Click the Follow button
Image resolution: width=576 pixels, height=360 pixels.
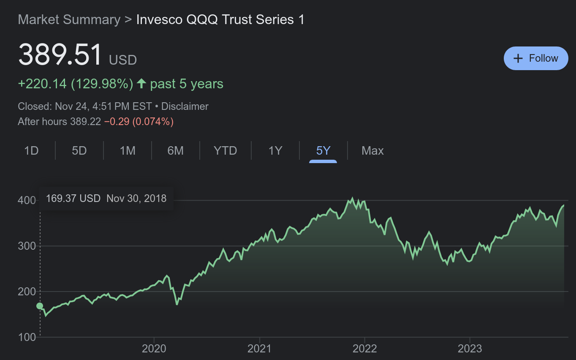pos(536,58)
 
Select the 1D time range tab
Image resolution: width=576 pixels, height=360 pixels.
pos(31,151)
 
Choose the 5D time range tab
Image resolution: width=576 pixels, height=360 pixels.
pos(79,151)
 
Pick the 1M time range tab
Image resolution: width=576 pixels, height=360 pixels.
pos(127,151)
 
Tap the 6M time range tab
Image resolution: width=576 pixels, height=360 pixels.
pos(175,151)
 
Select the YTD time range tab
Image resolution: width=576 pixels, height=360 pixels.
pos(225,151)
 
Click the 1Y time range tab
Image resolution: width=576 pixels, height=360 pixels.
pos(275,151)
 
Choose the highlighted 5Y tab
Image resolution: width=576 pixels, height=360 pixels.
pos(323,151)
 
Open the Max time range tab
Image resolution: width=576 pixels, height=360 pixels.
pos(372,151)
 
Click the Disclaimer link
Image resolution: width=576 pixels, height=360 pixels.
pos(185,106)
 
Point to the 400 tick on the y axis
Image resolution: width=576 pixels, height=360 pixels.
pos(26,200)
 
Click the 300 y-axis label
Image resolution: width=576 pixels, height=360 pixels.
pos(26,246)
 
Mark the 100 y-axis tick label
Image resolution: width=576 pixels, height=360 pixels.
pos(26,337)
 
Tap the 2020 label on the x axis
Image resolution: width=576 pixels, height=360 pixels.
pos(154,349)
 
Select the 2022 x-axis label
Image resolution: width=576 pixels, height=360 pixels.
pos(364,349)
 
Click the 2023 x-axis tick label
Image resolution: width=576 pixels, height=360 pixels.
pos(470,349)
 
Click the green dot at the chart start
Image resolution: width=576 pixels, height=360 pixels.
pos(40,306)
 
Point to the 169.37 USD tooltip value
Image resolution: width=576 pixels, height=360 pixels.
pos(73,198)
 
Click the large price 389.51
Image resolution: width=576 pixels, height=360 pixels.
pos(60,55)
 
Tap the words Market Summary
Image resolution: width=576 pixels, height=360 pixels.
pos(69,20)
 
